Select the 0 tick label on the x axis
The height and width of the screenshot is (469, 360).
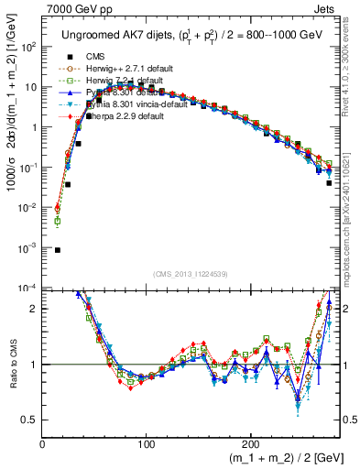click(x=43, y=444)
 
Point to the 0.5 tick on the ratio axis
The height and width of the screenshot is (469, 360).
click(x=30, y=420)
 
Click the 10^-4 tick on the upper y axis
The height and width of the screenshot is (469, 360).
click(x=28, y=288)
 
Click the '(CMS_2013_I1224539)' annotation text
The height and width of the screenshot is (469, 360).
click(x=191, y=274)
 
